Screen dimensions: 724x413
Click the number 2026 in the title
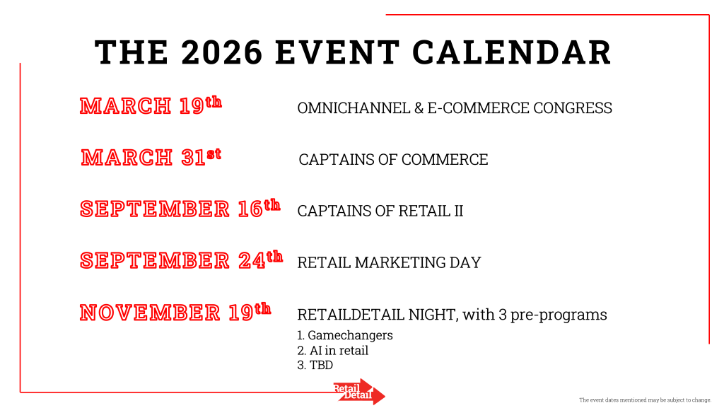point(221,52)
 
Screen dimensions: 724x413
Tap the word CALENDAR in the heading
point(512,52)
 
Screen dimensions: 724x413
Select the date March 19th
point(151,105)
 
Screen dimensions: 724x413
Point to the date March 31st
point(151,157)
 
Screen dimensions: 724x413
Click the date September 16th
point(180,209)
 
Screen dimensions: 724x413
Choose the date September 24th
point(181,260)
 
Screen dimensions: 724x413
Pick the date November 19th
point(175,312)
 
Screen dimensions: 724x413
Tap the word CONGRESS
point(573,108)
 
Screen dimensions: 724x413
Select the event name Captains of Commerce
point(393,159)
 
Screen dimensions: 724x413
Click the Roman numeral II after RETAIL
point(458,211)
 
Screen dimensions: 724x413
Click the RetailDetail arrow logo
point(359,392)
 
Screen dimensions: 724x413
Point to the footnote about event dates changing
point(645,400)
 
